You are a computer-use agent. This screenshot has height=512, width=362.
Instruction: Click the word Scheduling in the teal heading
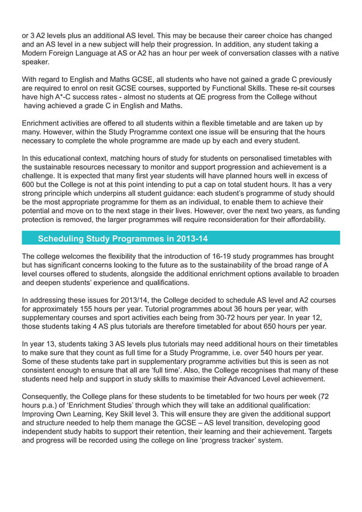64,237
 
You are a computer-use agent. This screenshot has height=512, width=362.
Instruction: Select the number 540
276,353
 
